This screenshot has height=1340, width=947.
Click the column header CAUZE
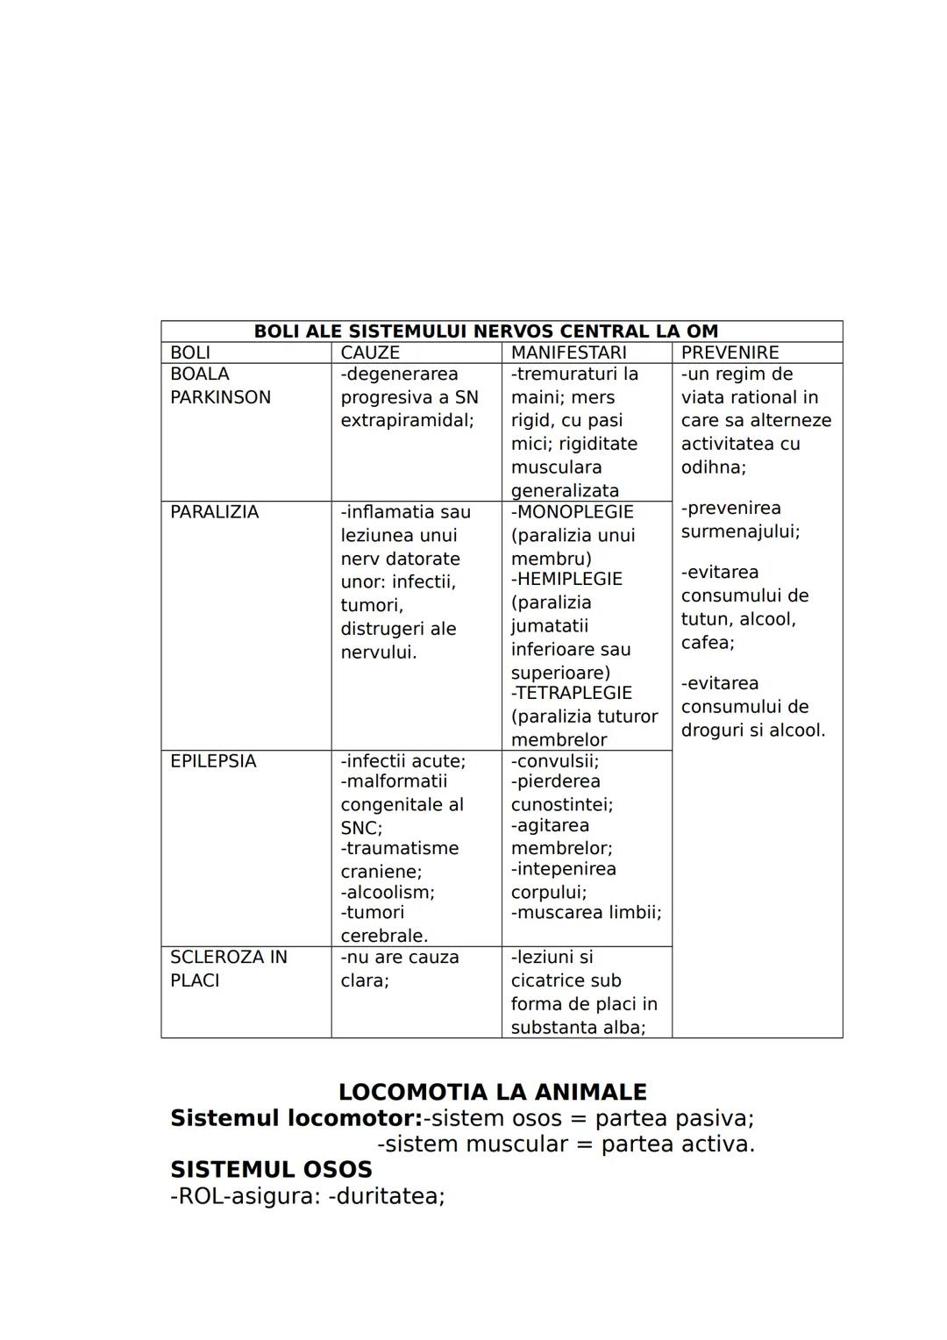click(x=370, y=353)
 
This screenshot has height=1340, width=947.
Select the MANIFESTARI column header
click(x=568, y=353)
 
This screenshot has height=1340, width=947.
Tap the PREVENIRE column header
click(x=730, y=353)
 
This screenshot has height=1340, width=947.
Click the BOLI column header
click(x=190, y=353)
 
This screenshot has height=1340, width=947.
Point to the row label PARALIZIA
click(x=214, y=512)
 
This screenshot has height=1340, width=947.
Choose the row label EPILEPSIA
click(x=213, y=761)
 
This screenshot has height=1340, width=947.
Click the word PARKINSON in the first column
click(x=220, y=397)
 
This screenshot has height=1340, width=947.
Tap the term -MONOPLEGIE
click(x=572, y=512)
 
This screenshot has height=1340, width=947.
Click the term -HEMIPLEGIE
click(x=566, y=579)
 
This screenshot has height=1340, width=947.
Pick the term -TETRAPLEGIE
click(x=571, y=693)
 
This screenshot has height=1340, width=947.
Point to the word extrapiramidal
click(x=406, y=421)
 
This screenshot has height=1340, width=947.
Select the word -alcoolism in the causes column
click(x=387, y=892)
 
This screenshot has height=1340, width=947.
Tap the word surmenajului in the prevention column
click(x=739, y=531)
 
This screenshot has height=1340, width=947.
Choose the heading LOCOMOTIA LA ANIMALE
click(x=492, y=1092)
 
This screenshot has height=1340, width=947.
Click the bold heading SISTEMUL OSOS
click(x=271, y=1170)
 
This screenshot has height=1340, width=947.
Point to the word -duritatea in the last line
click(x=386, y=1196)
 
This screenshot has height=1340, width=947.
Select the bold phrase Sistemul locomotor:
click(x=296, y=1118)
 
